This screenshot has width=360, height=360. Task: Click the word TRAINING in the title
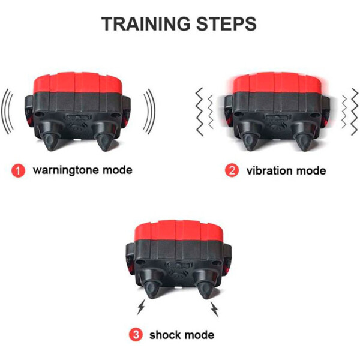146,24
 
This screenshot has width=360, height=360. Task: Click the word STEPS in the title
226,24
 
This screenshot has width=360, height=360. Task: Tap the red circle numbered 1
18,170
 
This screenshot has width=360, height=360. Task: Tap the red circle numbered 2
232,170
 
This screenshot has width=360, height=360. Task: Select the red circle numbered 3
136,335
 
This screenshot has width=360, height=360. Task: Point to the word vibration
269,171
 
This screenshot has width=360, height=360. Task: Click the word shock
165,335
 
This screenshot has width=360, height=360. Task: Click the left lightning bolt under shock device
141,307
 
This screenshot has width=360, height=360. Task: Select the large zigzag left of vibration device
200,112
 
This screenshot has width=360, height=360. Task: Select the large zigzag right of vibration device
355,112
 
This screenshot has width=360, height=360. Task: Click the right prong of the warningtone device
104,139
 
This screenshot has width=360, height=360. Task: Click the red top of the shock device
179,230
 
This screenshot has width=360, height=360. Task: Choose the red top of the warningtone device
77,83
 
